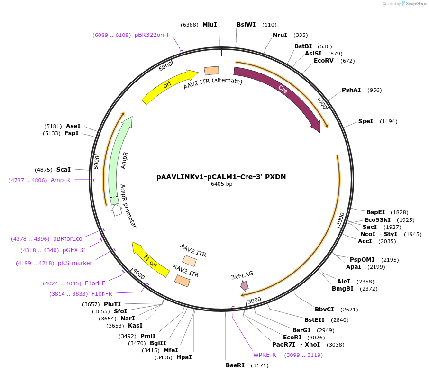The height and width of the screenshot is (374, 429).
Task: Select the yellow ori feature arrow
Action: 167,85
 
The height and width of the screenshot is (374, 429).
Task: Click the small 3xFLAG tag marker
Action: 244,286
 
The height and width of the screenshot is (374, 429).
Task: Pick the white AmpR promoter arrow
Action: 117,210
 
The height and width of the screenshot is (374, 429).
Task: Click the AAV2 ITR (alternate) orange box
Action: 211,71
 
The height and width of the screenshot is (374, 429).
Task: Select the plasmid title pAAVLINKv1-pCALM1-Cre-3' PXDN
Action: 221,177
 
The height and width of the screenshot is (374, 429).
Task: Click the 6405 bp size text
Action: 221,184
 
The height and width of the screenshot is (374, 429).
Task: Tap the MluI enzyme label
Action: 210,25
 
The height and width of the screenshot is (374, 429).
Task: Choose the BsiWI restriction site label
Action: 246,25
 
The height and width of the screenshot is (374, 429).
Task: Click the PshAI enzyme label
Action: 351,90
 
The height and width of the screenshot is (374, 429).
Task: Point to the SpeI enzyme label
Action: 365,121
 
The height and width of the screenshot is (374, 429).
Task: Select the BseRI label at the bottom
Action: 235,365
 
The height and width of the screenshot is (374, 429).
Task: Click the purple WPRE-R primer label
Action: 265,355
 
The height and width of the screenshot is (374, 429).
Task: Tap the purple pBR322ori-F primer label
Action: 152,35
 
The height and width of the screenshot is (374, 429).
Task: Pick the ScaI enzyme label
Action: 64,170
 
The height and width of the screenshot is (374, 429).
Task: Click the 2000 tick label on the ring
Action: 340,219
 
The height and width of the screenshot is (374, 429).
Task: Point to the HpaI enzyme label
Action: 184,357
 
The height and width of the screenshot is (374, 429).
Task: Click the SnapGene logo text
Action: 416,4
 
